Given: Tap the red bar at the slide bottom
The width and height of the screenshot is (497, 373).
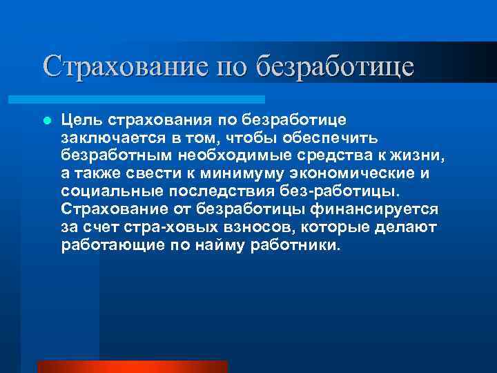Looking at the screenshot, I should pyautogui.click(x=132, y=366).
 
